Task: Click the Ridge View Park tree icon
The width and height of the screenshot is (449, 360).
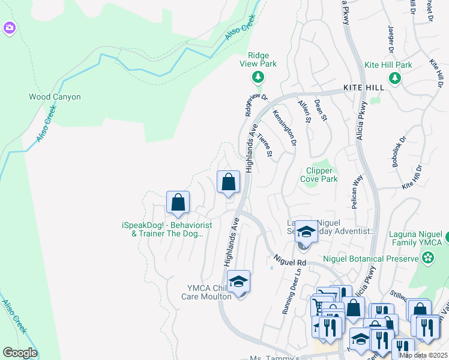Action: (x=258, y=76)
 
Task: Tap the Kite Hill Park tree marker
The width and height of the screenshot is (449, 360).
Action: (x=395, y=77)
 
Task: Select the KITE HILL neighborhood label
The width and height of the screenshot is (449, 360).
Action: (x=363, y=88)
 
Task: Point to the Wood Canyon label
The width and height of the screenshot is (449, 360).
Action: (x=55, y=97)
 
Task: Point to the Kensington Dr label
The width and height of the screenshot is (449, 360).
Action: (x=285, y=127)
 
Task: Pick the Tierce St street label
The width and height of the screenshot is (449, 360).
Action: (x=264, y=146)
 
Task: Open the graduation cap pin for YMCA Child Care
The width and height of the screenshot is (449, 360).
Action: (x=238, y=281)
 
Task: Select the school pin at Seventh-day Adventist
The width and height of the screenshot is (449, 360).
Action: (x=306, y=232)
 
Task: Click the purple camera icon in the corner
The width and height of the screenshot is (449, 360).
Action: (x=9, y=28)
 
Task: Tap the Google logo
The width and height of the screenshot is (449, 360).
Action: (x=20, y=353)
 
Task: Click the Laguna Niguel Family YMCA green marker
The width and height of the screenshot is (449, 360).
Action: (x=428, y=258)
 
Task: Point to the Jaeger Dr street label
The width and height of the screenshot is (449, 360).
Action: (x=390, y=38)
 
